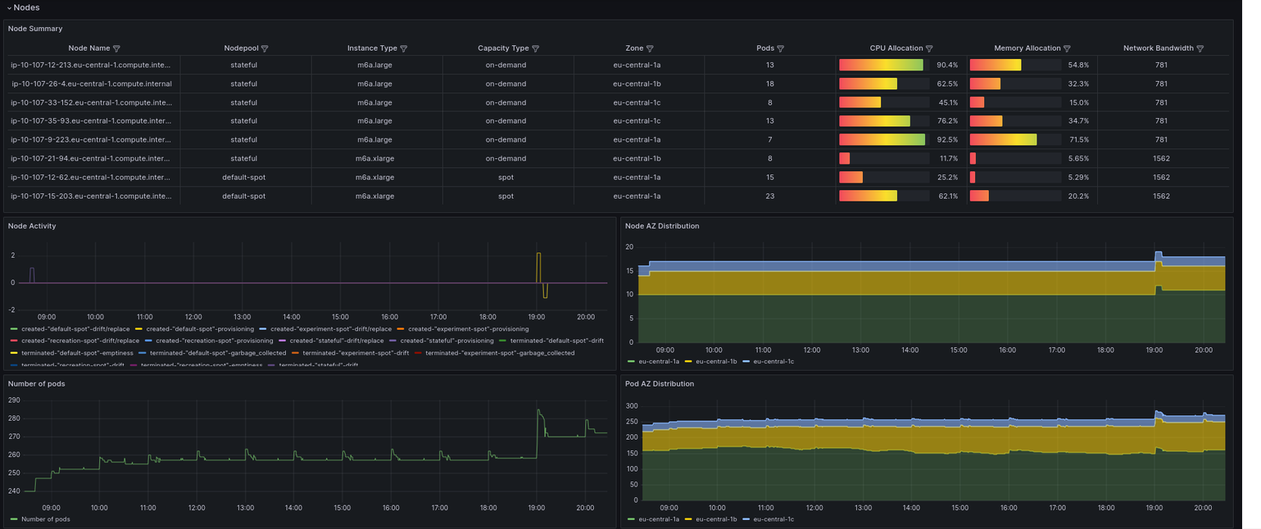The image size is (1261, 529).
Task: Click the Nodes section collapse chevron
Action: (9, 7)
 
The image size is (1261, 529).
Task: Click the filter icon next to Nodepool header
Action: (264, 48)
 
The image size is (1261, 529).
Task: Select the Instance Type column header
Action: (372, 48)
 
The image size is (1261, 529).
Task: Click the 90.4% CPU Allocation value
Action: (947, 65)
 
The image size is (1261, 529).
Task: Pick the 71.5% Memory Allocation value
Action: (1078, 140)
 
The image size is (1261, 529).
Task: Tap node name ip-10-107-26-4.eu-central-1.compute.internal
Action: (91, 84)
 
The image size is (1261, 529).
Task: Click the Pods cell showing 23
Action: (769, 197)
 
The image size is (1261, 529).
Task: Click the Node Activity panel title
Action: (32, 226)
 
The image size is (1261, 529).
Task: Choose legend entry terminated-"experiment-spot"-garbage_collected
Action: (500, 353)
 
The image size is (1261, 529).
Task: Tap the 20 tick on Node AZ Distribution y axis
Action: (629, 246)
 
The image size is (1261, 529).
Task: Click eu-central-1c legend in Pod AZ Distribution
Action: (773, 519)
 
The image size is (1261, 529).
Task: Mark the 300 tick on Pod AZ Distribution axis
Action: (631, 406)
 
